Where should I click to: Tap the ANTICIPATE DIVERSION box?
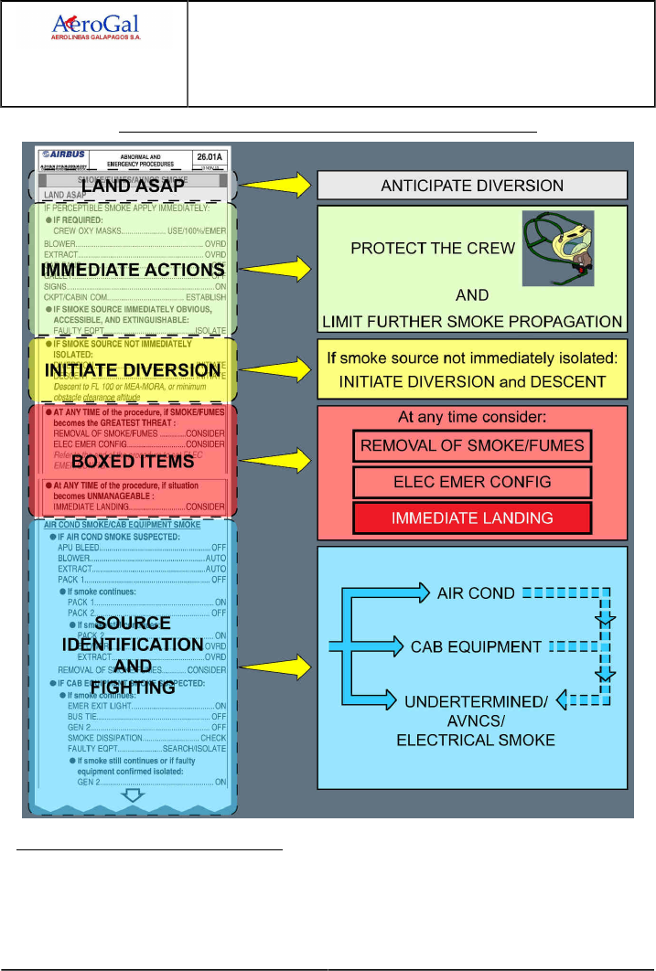[x=472, y=186]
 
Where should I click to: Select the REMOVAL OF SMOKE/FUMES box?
[x=472, y=446]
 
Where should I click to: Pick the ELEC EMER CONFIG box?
[x=472, y=482]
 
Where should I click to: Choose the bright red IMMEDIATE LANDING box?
[x=472, y=518]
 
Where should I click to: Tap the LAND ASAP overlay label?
[x=134, y=185]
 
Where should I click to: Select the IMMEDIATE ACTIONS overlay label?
[x=134, y=270]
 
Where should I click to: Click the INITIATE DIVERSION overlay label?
[x=134, y=370]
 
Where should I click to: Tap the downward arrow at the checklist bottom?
[x=134, y=795]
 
